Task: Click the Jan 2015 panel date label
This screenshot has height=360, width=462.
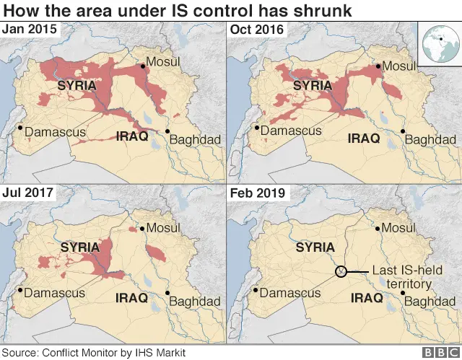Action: pyautogui.click(x=30, y=30)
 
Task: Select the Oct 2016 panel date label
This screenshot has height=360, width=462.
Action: pyautogui.click(x=257, y=30)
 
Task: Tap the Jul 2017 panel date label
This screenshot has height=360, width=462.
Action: pyautogui.click(x=28, y=193)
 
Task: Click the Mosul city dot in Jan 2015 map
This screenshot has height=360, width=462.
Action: pyautogui.click(x=143, y=66)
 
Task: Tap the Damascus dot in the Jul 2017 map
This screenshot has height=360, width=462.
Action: pyautogui.click(x=20, y=292)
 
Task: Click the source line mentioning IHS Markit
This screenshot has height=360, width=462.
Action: pyautogui.click(x=94, y=353)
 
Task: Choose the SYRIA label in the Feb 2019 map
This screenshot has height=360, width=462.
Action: pyautogui.click(x=315, y=247)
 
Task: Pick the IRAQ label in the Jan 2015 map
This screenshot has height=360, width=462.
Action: pyautogui.click(x=132, y=136)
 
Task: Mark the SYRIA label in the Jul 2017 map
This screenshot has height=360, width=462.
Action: pyautogui.click(x=79, y=247)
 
